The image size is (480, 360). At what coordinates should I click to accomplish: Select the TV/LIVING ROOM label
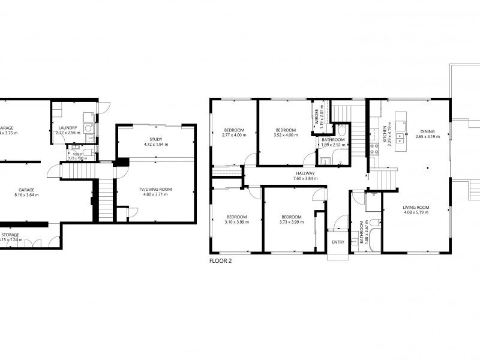click(155, 190)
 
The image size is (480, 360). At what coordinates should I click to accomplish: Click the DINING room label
click(427, 131)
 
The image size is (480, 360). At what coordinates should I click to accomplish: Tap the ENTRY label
click(338, 242)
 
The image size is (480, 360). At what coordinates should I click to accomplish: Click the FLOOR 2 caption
click(220, 261)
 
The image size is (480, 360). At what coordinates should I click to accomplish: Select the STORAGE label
click(10, 235)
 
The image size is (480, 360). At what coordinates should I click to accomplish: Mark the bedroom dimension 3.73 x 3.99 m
click(292, 222)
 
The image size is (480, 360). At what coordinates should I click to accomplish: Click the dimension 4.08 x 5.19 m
click(416, 212)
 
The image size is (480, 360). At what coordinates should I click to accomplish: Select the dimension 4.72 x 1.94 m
click(155, 145)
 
